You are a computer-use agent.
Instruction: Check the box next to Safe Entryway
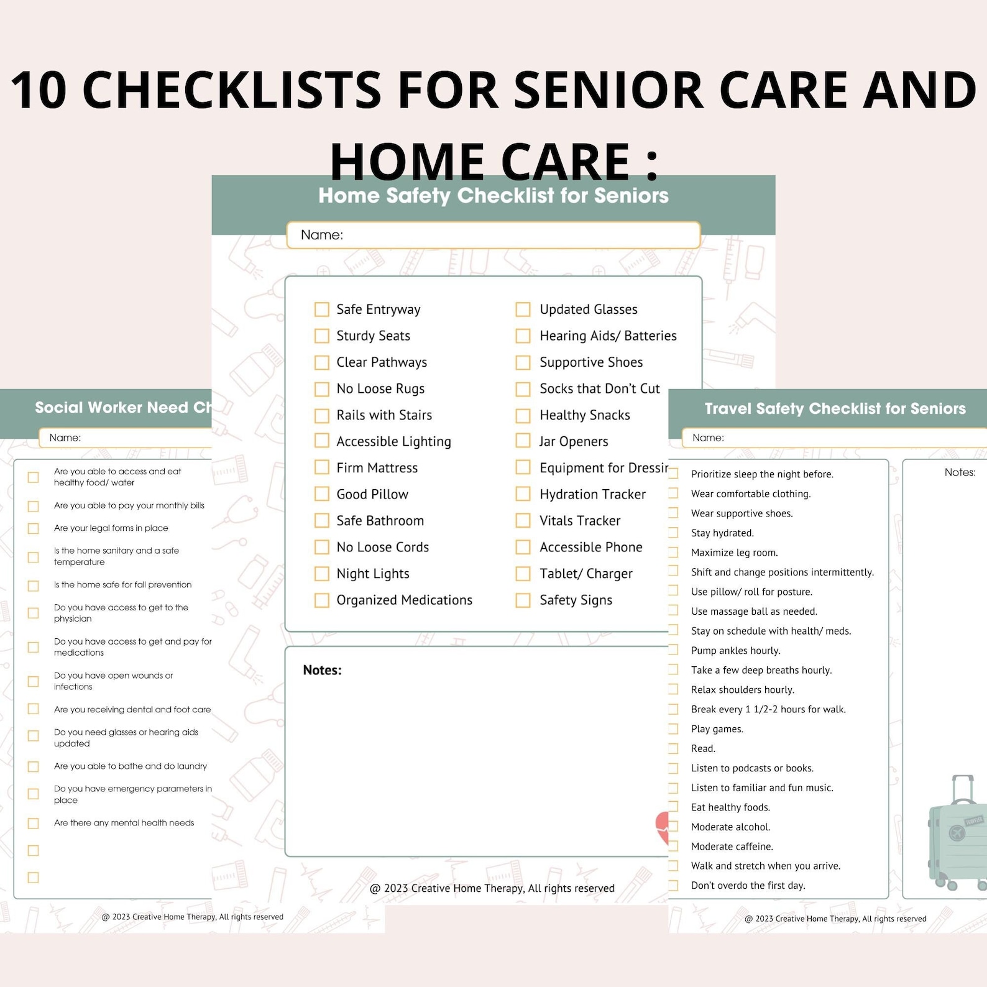click(321, 310)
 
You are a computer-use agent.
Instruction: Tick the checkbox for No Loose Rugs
click(321, 389)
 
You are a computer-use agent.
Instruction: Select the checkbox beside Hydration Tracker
click(523, 494)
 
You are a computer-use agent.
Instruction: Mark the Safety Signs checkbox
click(523, 600)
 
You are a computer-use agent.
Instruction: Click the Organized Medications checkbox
click(321, 600)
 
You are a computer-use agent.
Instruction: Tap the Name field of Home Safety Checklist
click(493, 235)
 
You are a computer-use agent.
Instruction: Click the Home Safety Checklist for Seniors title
click(493, 196)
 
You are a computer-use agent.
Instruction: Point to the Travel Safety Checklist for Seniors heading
click(835, 408)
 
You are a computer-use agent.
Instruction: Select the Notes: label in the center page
click(322, 670)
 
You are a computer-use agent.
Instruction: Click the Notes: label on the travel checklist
click(960, 472)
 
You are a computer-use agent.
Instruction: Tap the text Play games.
click(717, 729)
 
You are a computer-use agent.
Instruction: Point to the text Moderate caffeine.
click(732, 847)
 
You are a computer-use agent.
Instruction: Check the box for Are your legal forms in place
click(34, 528)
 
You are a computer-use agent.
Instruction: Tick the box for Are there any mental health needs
click(34, 824)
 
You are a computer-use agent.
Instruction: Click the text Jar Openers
click(573, 442)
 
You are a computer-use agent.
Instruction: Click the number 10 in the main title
click(39, 90)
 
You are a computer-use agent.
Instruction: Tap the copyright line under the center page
click(492, 888)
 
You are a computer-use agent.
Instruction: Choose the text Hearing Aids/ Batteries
click(607, 336)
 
